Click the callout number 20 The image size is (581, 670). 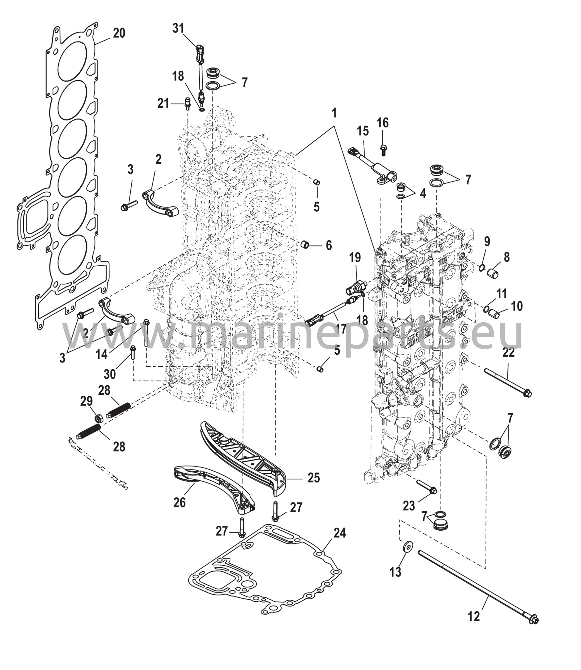[119, 33]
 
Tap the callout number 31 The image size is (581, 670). [178, 28]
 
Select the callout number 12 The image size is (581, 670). [474, 616]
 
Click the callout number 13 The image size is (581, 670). [395, 572]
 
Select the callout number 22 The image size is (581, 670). [509, 352]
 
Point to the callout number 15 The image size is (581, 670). [363, 131]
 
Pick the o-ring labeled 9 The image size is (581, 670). [482, 268]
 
